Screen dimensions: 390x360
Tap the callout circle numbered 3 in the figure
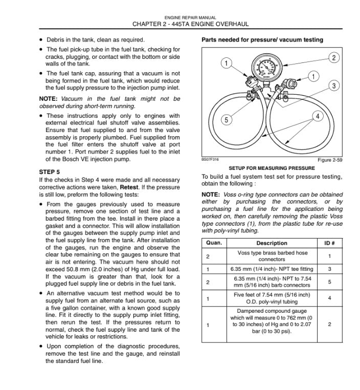coord(333,85)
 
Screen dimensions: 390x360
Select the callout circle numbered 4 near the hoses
coord(318,117)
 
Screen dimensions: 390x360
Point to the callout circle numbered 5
coord(228,120)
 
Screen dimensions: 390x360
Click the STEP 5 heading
coord(50,172)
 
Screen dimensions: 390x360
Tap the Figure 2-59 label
coord(330,160)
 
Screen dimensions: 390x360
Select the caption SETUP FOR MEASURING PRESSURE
coord(272,168)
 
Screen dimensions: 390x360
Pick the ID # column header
coord(329,243)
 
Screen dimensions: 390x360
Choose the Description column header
coord(272,243)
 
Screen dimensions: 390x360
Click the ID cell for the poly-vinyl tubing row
coord(329,298)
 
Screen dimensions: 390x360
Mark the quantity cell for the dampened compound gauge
coord(208,324)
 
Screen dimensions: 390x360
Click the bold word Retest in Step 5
coord(129,187)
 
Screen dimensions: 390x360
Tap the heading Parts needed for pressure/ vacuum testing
coord(262,40)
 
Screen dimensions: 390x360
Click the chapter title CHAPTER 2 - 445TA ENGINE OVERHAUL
coord(190,24)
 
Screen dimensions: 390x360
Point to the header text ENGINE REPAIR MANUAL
coord(190,17)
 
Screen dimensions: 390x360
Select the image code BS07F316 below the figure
coord(210,160)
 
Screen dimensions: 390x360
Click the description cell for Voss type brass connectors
coord(272,256)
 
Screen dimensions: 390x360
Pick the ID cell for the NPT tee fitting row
coord(329,269)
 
